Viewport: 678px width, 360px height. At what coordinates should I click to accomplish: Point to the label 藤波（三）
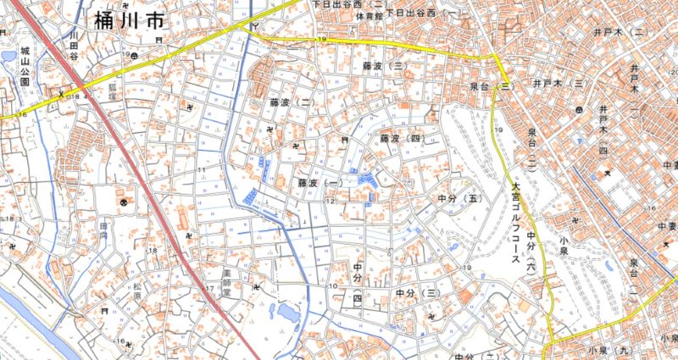(x=381, y=65)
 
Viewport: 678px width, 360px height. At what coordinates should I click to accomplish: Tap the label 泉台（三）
(x=492, y=86)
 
